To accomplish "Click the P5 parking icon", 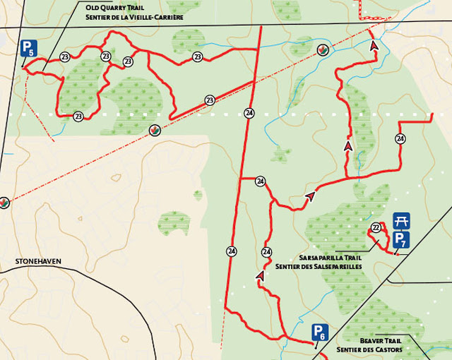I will click(x=28, y=48).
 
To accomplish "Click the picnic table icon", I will click(x=401, y=222).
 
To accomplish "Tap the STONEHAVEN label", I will click(x=37, y=262).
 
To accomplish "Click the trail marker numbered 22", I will click(x=376, y=227).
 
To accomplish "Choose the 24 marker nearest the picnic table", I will click(x=400, y=138).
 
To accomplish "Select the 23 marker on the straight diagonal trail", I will click(x=210, y=101).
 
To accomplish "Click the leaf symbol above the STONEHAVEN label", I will click(x=6, y=203).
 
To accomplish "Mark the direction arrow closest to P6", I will click(x=260, y=276).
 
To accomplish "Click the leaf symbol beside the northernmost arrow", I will click(x=323, y=49).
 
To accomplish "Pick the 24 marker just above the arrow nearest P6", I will click(x=267, y=252).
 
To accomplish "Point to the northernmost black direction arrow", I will click(x=374, y=44).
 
